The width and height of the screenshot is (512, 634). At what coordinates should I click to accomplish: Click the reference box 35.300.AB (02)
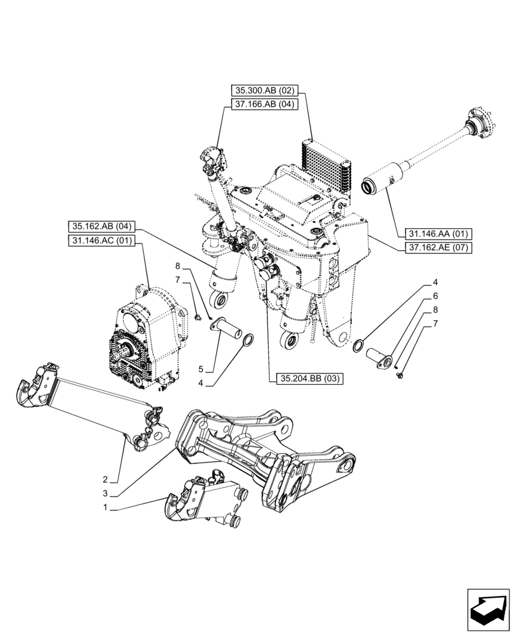[x=267, y=91]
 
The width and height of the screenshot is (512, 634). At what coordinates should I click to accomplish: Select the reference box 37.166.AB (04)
[x=267, y=105]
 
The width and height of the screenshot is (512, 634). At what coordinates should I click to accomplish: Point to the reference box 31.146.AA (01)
[x=435, y=234]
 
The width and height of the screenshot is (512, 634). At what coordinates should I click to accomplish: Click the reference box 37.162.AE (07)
[x=435, y=248]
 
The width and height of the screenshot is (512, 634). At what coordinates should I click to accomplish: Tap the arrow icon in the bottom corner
[x=488, y=609]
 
